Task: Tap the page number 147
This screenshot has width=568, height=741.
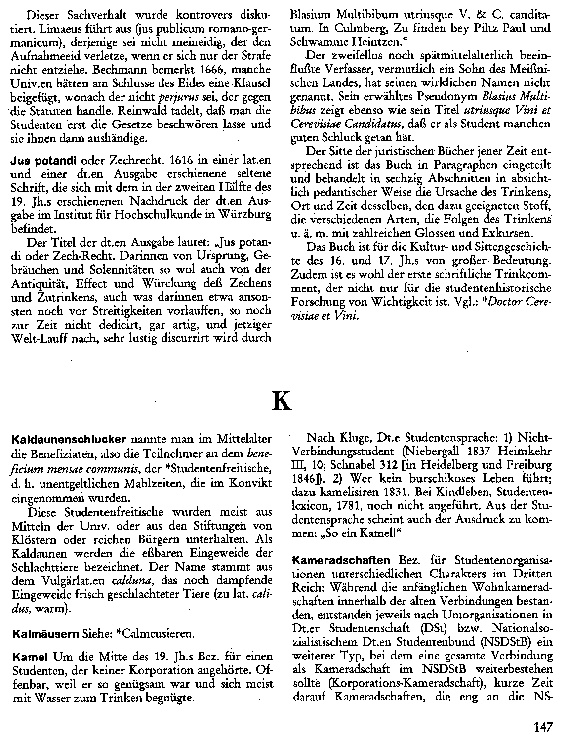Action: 543,726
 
